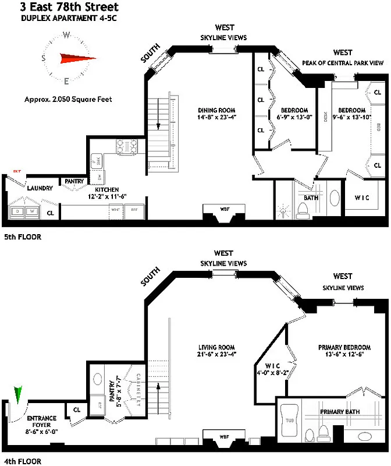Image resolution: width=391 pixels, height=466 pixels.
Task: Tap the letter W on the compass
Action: pyautogui.click(x=67, y=35)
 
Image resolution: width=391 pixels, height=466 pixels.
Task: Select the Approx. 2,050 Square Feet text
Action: pyautogui.click(x=67, y=99)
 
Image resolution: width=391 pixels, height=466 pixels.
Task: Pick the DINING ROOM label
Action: pyautogui.click(x=217, y=110)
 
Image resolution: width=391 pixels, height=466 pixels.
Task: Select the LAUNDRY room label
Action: pyautogui.click(x=40, y=188)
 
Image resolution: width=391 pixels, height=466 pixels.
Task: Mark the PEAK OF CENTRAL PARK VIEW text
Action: pyautogui.click(x=343, y=62)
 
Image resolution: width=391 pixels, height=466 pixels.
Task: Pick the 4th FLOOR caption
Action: pyautogui.click(x=22, y=461)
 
